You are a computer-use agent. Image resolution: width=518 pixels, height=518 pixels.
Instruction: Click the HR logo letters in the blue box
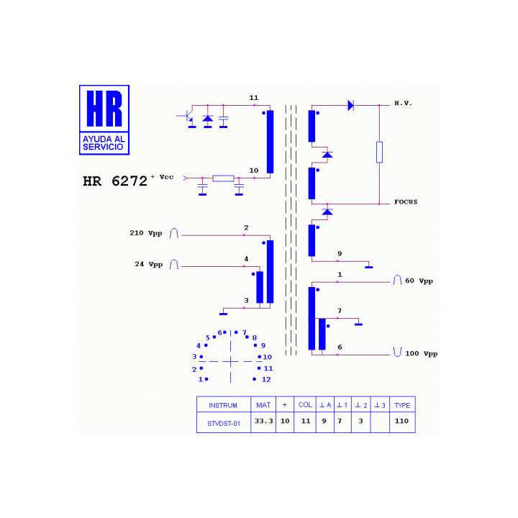[104, 109]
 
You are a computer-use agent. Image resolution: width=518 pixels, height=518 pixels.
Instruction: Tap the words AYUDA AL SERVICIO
[104, 143]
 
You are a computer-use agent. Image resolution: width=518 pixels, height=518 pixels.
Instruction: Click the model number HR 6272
[115, 181]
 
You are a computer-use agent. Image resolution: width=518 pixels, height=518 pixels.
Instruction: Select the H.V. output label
[404, 104]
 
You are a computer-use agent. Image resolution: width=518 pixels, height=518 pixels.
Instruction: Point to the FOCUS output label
[406, 202]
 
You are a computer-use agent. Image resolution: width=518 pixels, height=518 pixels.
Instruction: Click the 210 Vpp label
[145, 233]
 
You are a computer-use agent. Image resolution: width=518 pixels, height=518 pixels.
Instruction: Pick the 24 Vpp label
[149, 264]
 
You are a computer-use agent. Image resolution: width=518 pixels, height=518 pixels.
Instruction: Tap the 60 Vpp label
[419, 281]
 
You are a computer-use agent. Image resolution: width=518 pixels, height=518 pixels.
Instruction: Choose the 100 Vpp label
[421, 354]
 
